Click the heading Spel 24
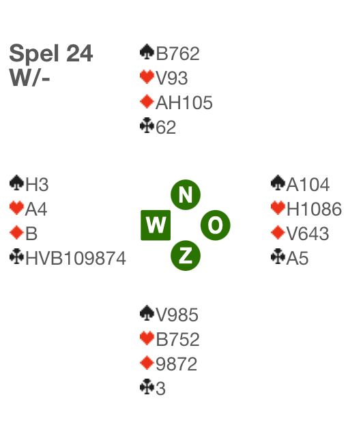pyautogui.click(x=51, y=54)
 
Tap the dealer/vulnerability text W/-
pyautogui.click(x=30, y=77)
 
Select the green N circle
pyautogui.click(x=186, y=194)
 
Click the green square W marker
pyautogui.click(x=156, y=225)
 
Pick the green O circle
pyautogui.click(x=216, y=225)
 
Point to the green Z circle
pyautogui.click(x=186, y=255)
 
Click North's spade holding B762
pyautogui.click(x=178, y=53)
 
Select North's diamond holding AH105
pyautogui.click(x=184, y=102)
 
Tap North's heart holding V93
pyautogui.click(x=172, y=78)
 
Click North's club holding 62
pyautogui.click(x=166, y=127)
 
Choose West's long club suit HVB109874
pyautogui.click(x=76, y=258)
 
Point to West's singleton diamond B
pyautogui.click(x=31, y=233)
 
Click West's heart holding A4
pyautogui.click(x=36, y=209)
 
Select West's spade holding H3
pyautogui.click(x=37, y=184)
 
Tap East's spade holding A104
pyautogui.click(x=308, y=184)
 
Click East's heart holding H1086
pyautogui.click(x=314, y=209)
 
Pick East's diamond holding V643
pyautogui.click(x=308, y=233)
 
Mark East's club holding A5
pyautogui.click(x=297, y=258)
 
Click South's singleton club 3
pyautogui.click(x=160, y=389)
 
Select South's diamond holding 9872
pyautogui.click(x=177, y=364)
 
